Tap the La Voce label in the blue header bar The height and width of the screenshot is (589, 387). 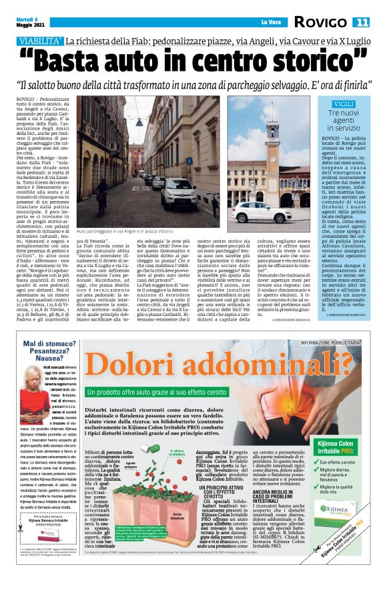270,23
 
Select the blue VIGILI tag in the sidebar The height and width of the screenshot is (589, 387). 344,104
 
